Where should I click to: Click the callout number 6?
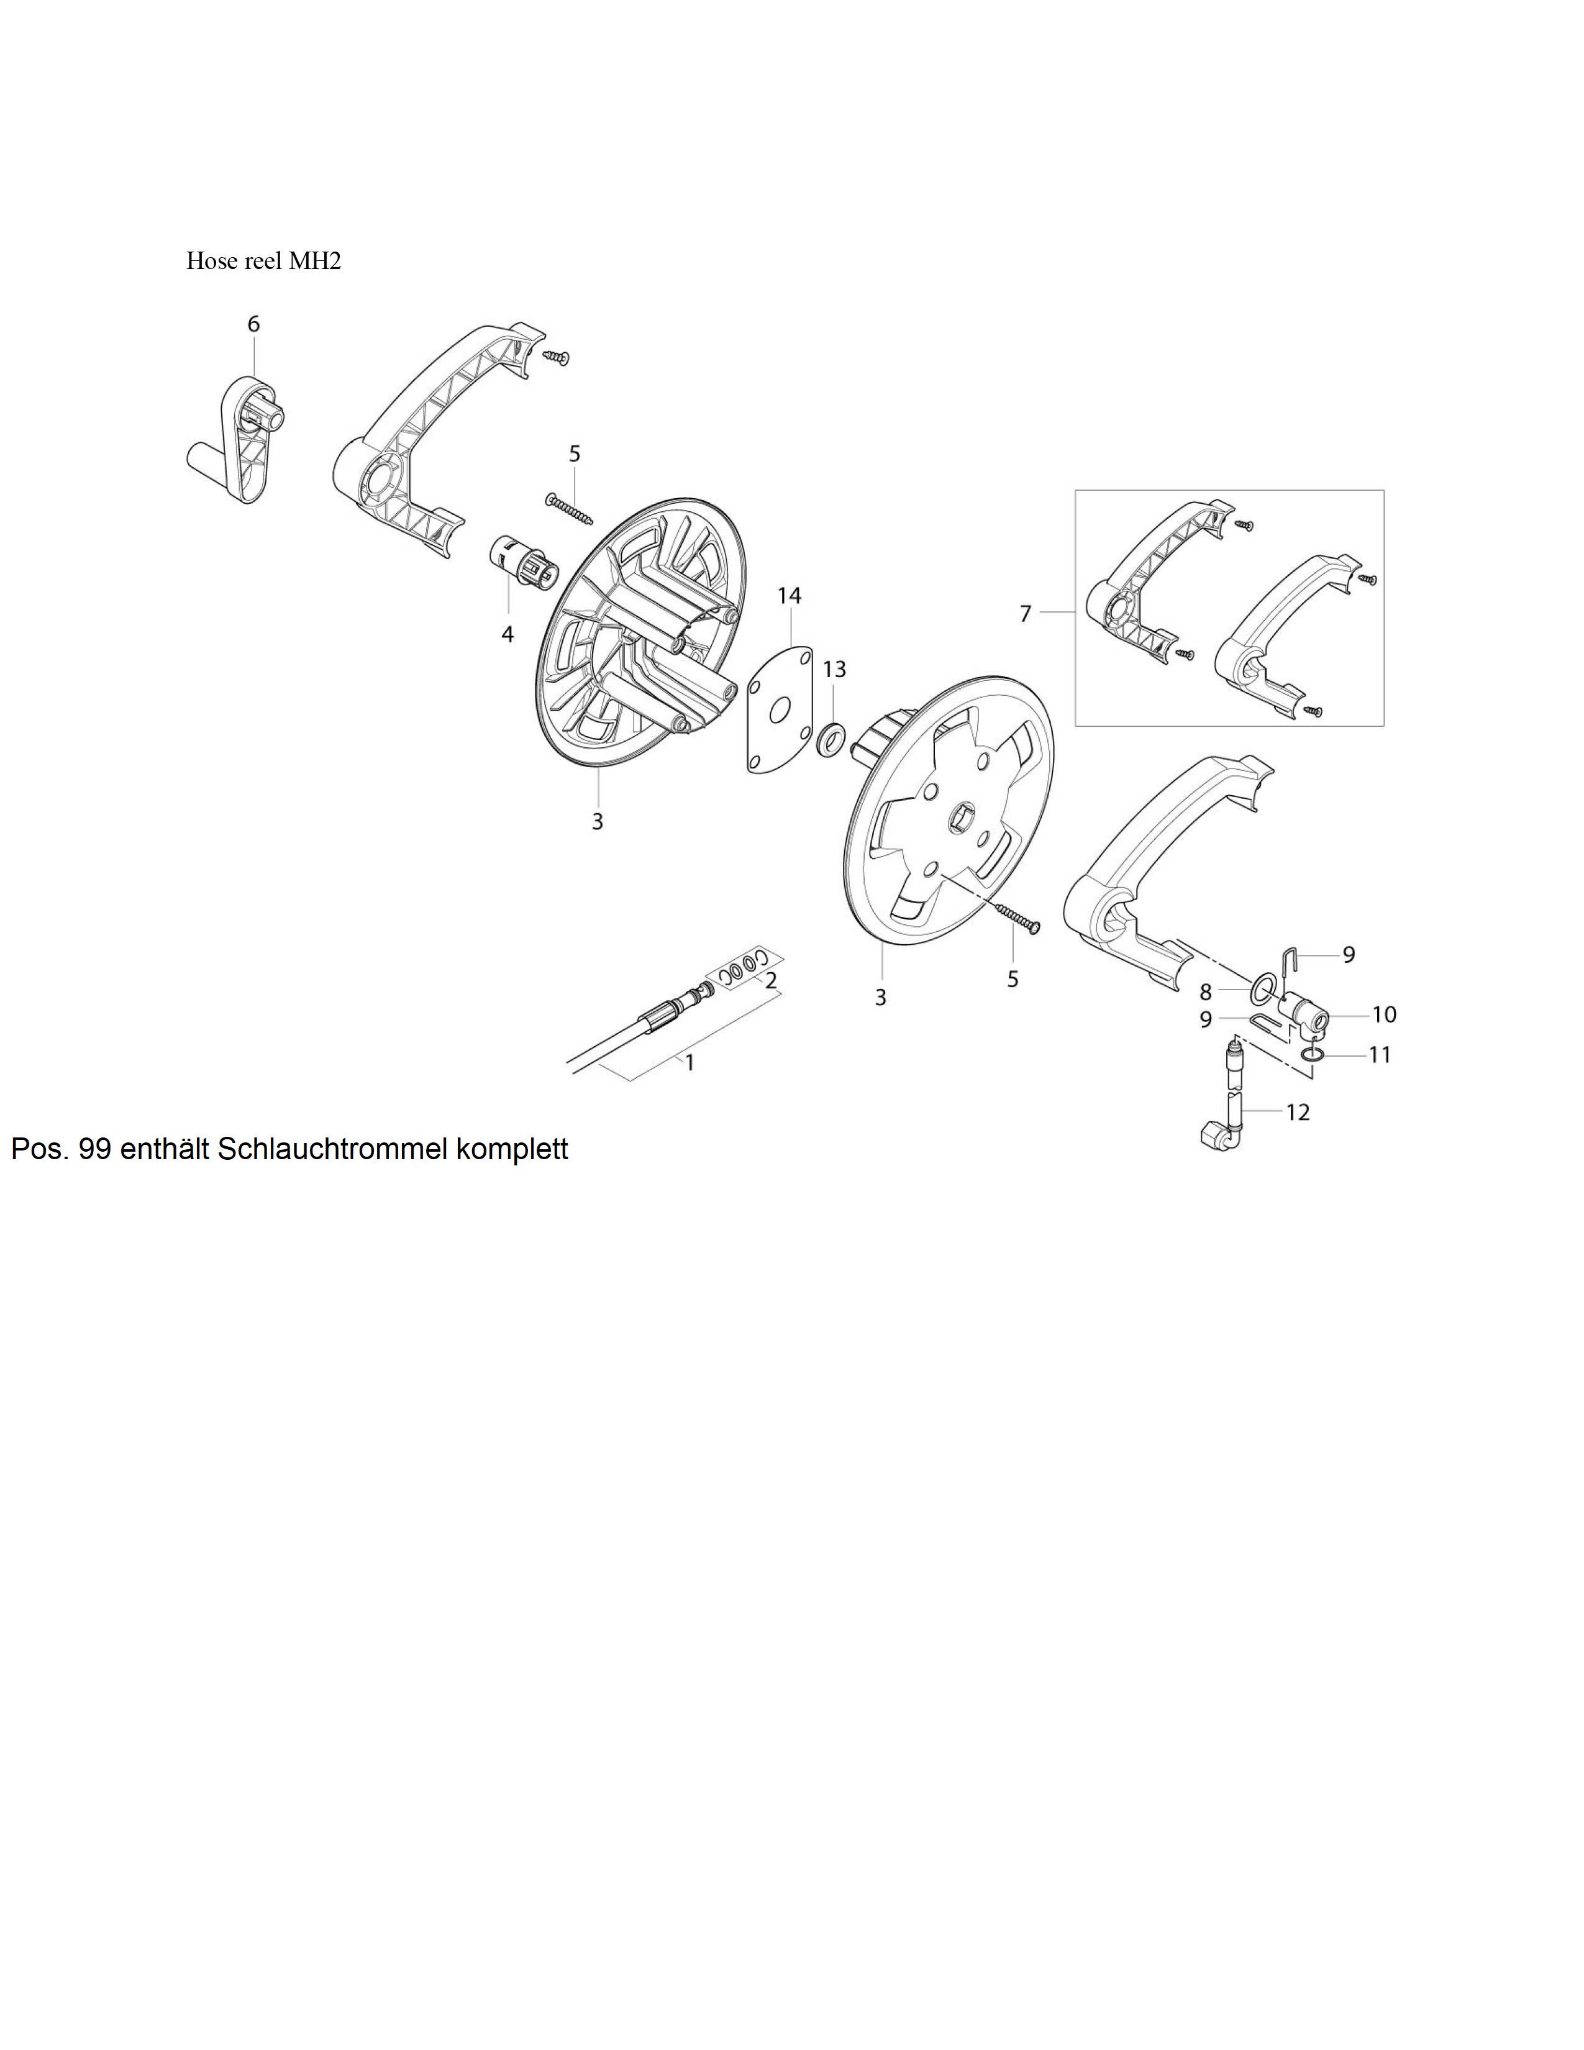[253, 324]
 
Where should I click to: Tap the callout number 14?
[789, 595]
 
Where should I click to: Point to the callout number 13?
[834, 669]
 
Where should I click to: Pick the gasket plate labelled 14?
[779, 708]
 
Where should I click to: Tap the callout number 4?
[508, 634]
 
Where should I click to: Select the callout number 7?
[1026, 614]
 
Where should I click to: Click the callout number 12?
[1298, 1113]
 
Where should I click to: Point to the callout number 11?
[1380, 1055]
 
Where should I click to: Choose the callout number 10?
[1384, 1014]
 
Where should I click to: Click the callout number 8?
[1206, 992]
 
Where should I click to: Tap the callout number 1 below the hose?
[690, 1064]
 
